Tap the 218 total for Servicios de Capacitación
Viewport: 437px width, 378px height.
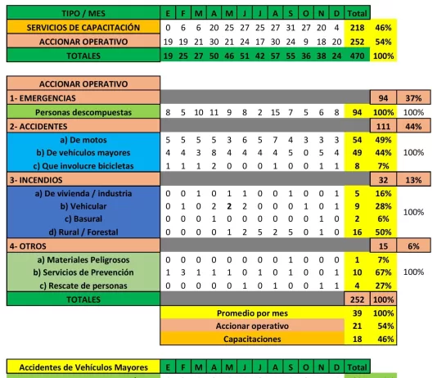click(357, 27)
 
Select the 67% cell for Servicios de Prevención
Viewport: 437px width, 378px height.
click(381, 272)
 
